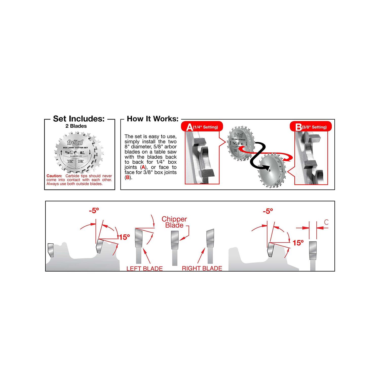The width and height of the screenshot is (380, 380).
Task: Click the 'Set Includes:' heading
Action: (x=79, y=119)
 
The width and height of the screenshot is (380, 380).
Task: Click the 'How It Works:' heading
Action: (x=153, y=119)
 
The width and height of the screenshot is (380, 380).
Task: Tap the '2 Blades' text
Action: (x=76, y=126)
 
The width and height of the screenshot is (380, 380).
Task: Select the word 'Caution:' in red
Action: (x=54, y=176)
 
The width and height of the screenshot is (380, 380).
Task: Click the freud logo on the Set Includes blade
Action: (x=75, y=143)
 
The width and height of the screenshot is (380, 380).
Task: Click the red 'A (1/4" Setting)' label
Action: (x=202, y=127)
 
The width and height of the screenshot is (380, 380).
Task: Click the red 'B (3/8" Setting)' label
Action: (x=311, y=127)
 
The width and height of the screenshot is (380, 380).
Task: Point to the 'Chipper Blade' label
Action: (x=174, y=222)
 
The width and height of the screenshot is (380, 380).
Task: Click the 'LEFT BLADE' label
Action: (x=144, y=269)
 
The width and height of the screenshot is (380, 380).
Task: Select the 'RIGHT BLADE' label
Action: (x=202, y=268)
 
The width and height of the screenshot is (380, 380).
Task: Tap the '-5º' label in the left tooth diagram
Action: (x=94, y=211)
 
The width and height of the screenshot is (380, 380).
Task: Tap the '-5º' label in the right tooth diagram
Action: (x=268, y=211)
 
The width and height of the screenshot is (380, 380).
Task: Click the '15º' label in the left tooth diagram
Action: (x=124, y=237)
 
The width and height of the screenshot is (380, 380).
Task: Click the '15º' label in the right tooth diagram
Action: (x=298, y=243)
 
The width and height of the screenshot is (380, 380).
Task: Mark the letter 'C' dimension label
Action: (x=326, y=222)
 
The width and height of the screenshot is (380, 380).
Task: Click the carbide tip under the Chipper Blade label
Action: (x=175, y=237)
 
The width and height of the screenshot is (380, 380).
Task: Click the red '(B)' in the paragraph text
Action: (x=128, y=178)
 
